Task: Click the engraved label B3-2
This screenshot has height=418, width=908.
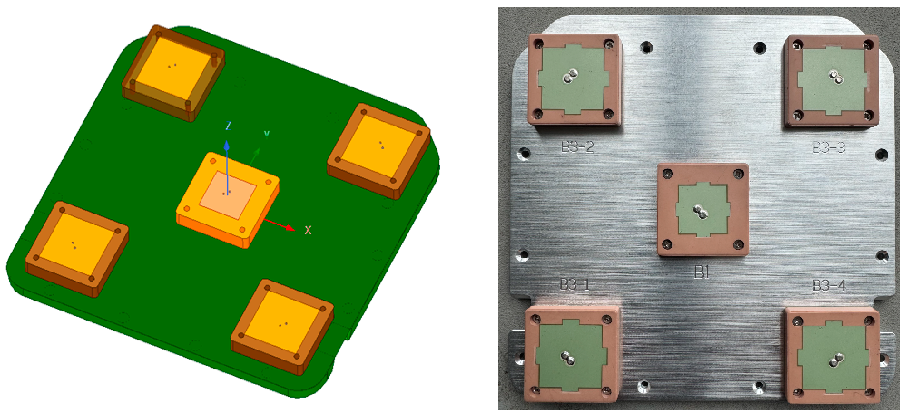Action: pos(577,147)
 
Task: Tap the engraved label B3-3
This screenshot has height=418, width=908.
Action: pos(829,148)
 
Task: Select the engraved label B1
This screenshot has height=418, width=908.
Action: pos(702,272)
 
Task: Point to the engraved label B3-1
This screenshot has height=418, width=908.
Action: pos(574,285)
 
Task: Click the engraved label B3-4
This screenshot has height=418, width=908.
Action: pos(829,286)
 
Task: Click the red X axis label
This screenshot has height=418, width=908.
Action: pos(308,230)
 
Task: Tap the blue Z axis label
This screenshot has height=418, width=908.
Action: pos(229,126)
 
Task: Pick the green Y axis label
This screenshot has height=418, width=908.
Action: pos(267,133)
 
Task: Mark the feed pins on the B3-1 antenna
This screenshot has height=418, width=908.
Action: pos(568,358)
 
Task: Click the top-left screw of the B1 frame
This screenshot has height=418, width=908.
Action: pos(668,174)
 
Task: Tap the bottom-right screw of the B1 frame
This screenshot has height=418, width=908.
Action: pos(738,245)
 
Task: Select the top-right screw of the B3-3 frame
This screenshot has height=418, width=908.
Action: pos(868,45)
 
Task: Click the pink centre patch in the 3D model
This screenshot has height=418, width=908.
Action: pos(227,195)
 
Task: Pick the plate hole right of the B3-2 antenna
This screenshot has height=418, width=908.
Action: pos(646,47)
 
